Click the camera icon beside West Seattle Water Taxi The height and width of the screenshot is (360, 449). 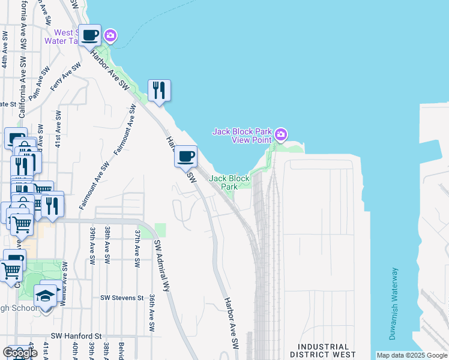coord(110,36)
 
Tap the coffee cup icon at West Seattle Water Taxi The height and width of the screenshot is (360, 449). coord(90,35)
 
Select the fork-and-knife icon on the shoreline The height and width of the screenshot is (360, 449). coord(159,91)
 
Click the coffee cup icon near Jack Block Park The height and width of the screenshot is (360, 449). coord(186,157)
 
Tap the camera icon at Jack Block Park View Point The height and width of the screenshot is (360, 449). coord(281,133)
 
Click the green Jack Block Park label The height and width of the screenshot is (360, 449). coord(229,182)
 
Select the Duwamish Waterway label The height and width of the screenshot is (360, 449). coord(393,303)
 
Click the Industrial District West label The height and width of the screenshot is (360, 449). coord(323,351)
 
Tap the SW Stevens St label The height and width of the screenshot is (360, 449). coord(122,298)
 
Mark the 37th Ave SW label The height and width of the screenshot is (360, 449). coord(137,247)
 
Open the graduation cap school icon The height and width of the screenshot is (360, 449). coord(45,296)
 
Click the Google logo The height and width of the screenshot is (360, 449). coord(20,353)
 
